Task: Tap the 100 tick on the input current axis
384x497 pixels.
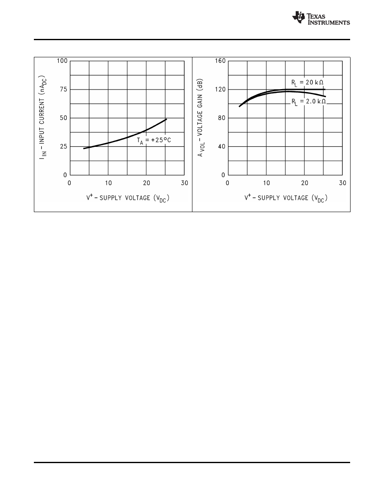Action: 62,61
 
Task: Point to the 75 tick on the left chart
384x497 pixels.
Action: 64,90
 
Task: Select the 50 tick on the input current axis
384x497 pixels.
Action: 64,118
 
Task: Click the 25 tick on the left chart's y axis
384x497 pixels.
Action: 64,146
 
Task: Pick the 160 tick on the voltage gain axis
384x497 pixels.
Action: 220,61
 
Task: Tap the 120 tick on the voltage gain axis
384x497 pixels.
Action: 220,90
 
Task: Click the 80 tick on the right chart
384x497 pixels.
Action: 222,118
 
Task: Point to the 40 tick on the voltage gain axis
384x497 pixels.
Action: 222,146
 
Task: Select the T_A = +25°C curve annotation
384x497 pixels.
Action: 154,141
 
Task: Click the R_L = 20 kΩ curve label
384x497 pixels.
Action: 307,82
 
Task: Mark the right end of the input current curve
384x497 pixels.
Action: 166,119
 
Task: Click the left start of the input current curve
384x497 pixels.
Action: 84,149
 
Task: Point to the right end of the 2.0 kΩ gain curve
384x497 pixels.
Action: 325,97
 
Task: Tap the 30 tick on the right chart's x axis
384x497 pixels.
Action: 343,183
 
